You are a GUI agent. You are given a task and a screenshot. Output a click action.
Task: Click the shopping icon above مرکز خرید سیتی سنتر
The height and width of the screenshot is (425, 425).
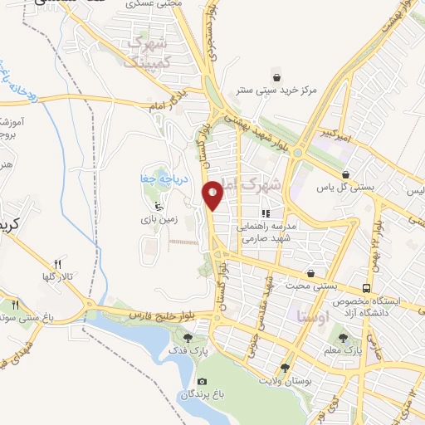click(287, 71)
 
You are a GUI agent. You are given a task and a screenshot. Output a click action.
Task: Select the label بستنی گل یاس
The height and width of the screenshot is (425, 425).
click(345, 188)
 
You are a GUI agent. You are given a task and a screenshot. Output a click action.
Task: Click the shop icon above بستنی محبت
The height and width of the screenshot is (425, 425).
click(311, 272)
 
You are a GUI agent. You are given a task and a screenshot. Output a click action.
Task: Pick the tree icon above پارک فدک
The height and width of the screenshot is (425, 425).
click(188, 337)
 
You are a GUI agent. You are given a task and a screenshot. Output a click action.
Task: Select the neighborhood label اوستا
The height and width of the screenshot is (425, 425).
click(313, 316)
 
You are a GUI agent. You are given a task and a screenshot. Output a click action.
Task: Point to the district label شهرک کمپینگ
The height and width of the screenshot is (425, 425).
click(149, 50)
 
